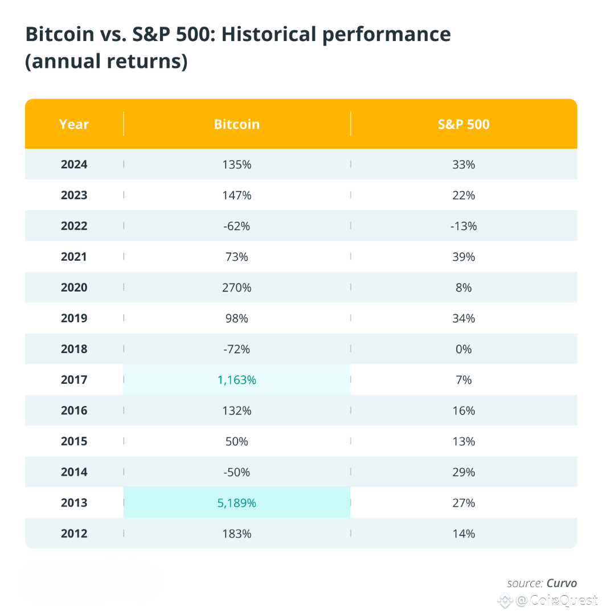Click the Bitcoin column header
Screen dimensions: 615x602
pyautogui.click(x=236, y=124)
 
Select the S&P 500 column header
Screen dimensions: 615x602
pyautogui.click(x=464, y=124)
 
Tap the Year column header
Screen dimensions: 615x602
pyautogui.click(x=74, y=124)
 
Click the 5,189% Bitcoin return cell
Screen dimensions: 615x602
pyautogui.click(x=236, y=503)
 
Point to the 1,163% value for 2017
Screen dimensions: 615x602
pyautogui.click(x=236, y=380)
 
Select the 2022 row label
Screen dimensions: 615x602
pyautogui.click(x=74, y=226)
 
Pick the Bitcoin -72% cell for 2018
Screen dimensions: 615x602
pyautogui.click(x=236, y=349)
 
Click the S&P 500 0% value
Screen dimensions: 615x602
pyautogui.click(x=464, y=349)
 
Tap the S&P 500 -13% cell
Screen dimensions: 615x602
pyautogui.click(x=464, y=226)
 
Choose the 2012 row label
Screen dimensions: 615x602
pyautogui.click(x=74, y=534)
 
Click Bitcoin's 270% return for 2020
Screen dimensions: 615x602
pyautogui.click(x=236, y=288)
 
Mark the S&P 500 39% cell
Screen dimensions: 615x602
pyautogui.click(x=464, y=257)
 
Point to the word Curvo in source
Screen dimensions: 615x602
pyautogui.click(x=562, y=583)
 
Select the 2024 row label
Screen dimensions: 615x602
pyautogui.click(x=74, y=165)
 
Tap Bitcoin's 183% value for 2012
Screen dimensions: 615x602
pyautogui.click(x=236, y=534)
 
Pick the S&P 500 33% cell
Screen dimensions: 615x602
pyautogui.click(x=464, y=165)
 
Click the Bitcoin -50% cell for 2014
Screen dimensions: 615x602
pyautogui.click(x=236, y=473)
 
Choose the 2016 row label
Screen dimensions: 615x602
pyautogui.click(x=74, y=411)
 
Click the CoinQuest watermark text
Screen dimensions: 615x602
pyautogui.click(x=564, y=600)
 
